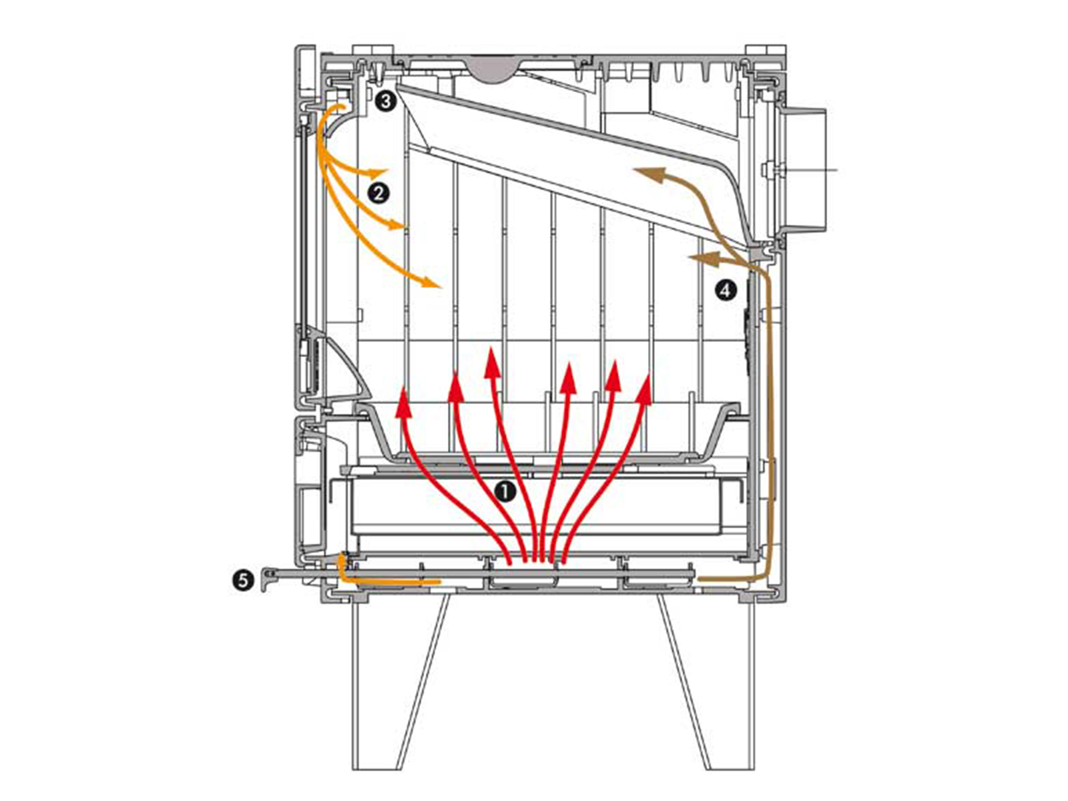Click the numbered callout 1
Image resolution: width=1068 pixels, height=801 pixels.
[x=505, y=492]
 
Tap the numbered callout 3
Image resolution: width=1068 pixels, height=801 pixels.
[x=385, y=102]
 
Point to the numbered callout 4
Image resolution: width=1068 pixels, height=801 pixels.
[x=726, y=291]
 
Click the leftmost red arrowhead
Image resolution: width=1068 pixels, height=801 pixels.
[x=403, y=403]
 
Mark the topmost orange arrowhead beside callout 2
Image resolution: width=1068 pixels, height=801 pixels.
[x=378, y=172]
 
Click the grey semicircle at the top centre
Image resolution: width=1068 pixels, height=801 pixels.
[x=492, y=69]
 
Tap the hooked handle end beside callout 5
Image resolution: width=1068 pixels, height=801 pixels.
[x=266, y=579]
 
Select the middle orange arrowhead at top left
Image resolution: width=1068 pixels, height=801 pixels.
[x=395, y=225]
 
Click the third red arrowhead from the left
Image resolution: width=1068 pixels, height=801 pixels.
[x=493, y=364]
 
